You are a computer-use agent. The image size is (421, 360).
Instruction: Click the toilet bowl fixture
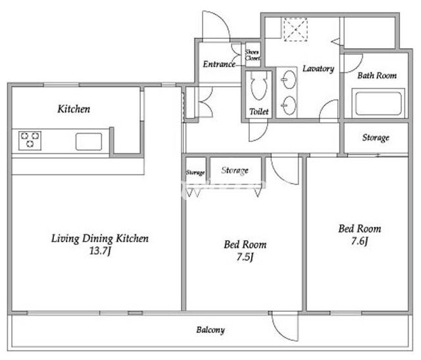(259, 86)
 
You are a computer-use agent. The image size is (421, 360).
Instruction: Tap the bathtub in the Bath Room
(378, 103)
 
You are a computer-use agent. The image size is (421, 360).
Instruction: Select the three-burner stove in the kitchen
(30, 140)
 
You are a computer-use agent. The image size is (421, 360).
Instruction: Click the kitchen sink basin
(89, 141)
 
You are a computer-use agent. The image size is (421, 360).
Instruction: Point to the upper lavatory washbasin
(289, 80)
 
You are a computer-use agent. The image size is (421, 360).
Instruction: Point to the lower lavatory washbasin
(289, 105)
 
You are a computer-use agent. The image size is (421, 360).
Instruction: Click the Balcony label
(210, 330)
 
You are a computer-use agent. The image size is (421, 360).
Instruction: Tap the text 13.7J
(100, 251)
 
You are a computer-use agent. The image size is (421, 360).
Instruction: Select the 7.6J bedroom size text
(359, 241)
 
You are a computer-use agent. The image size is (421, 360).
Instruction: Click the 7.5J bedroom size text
(245, 257)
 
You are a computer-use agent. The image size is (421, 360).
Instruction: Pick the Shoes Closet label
(252, 55)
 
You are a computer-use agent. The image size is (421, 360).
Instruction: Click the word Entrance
(219, 64)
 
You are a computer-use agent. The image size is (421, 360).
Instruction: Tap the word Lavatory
(318, 69)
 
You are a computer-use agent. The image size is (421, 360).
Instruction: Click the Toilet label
(259, 111)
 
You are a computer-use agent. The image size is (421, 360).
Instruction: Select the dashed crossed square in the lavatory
(295, 29)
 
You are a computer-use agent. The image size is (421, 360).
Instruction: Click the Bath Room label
(377, 76)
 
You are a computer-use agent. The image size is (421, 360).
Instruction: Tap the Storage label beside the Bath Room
(376, 138)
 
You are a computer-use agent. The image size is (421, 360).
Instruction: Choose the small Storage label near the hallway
(195, 172)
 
